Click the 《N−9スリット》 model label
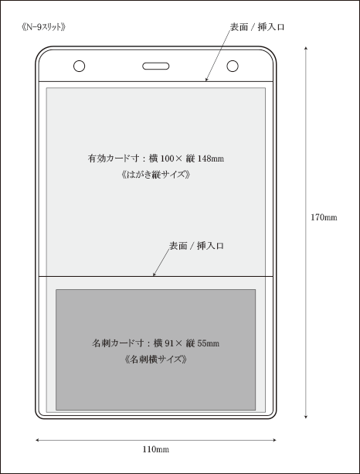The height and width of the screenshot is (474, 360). click(44, 27)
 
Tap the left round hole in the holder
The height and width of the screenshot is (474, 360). click(79, 66)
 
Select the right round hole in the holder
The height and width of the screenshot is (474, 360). click(233, 66)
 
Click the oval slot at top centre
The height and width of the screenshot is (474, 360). click(156, 66)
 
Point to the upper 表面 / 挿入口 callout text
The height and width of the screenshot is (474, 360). click(257, 27)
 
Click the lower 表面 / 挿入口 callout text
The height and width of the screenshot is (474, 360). click(196, 246)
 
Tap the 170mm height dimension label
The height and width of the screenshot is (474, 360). click(324, 217)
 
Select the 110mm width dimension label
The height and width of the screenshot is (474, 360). click(156, 449)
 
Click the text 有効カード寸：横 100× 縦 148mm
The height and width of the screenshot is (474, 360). click(156, 159)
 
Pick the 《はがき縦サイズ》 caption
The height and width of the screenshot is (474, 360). click(156, 175)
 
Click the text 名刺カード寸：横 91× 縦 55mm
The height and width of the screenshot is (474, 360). click(156, 343)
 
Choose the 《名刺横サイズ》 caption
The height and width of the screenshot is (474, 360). click(156, 360)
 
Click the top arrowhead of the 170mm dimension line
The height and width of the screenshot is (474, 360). click(306, 47)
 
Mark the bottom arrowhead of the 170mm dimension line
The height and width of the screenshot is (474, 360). click(306, 418)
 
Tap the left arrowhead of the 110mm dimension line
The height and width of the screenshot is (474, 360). click(36, 440)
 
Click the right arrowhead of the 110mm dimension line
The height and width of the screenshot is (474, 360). click(276, 440)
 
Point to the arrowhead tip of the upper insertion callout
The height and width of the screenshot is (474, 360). click(206, 81)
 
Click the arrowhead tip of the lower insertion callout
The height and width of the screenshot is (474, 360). click(153, 276)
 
